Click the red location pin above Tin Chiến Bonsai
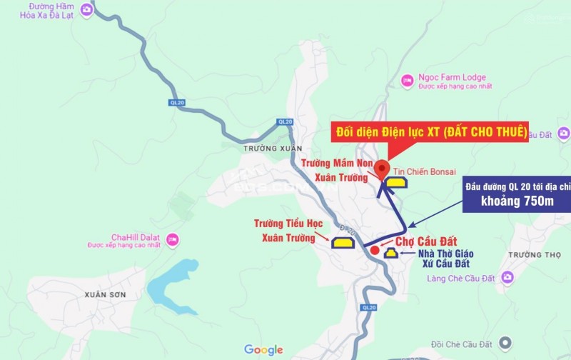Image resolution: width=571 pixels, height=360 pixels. (x=382, y=169)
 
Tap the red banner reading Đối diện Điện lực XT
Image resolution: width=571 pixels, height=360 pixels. (x=432, y=131)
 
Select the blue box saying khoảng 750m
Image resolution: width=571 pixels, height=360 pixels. (x=518, y=201)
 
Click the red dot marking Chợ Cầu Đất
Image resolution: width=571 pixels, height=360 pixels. (x=375, y=250)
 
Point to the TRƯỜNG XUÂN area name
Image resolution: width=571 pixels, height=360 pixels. (x=268, y=148)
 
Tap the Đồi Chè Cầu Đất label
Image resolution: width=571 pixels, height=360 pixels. (x=462, y=341)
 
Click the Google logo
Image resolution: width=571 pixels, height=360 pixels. (x=263, y=350)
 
